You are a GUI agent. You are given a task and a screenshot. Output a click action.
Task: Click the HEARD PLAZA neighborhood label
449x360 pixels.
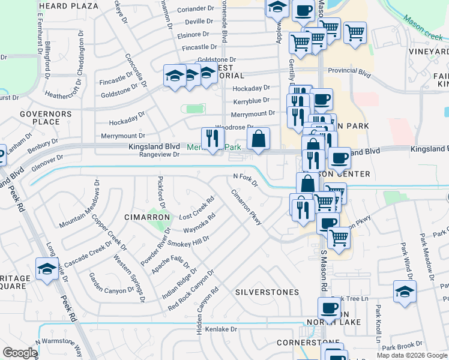(68, 6)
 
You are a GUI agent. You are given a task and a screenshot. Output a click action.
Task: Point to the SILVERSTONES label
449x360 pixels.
(267, 292)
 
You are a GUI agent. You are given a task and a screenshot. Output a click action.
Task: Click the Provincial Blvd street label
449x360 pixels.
(349, 70)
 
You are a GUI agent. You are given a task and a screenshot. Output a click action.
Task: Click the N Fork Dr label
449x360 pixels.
(245, 179)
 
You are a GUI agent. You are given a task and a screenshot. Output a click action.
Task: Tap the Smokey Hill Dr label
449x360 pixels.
(188, 241)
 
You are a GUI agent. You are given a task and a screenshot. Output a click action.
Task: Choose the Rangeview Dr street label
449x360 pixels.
(159, 155)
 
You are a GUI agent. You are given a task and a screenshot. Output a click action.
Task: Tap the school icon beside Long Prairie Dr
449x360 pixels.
(46, 268)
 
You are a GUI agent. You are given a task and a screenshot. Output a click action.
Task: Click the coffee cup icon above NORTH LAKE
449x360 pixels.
(328, 308)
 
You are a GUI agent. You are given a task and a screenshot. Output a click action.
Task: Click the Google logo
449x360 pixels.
(20, 353)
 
